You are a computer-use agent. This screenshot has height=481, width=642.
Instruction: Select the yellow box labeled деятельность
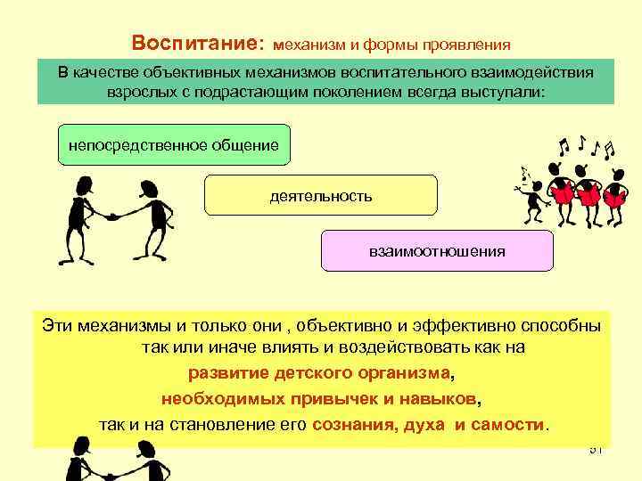(x=321, y=195)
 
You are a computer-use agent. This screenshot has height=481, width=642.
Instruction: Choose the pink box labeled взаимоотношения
(x=437, y=251)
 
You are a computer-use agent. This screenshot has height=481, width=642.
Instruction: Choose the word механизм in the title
(x=309, y=45)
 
